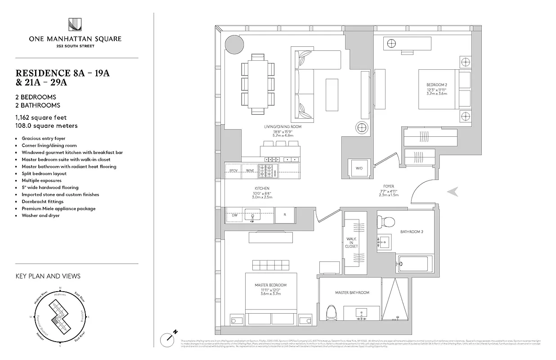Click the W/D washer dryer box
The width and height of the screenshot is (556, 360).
(x=359, y=168)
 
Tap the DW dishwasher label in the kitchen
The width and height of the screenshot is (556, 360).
(x=234, y=216)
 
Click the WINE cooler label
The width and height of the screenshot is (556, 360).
(x=249, y=171)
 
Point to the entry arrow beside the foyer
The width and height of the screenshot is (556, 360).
(x=453, y=192)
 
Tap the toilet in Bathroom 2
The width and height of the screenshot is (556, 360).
(x=386, y=221)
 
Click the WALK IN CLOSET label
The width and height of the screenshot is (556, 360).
(x=352, y=243)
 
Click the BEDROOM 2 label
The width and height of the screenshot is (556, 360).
(x=437, y=85)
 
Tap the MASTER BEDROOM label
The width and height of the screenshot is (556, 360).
(x=270, y=285)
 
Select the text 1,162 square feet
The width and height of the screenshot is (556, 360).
(x=41, y=117)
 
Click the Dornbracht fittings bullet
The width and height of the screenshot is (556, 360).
(x=43, y=202)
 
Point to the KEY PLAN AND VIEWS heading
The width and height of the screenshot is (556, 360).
(x=48, y=276)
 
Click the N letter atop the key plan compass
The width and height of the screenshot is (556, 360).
(x=60, y=289)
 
